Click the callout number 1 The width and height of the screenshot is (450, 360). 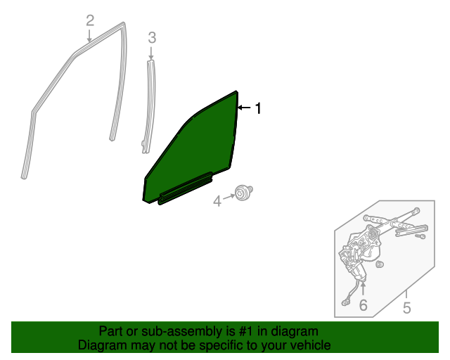[259, 108]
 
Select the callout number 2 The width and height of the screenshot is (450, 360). [90, 21]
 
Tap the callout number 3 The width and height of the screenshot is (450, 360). [152, 38]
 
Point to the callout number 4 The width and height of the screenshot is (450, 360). [217, 201]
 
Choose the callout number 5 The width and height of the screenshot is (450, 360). [406, 308]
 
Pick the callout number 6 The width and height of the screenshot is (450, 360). [363, 305]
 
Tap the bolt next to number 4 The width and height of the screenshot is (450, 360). [244, 192]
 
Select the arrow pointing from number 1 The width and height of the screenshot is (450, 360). [245, 108]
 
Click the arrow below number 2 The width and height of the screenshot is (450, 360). [89, 36]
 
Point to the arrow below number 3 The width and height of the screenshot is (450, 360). [151, 53]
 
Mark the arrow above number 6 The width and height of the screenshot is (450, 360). [363, 289]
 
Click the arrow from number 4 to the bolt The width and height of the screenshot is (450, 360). [229, 197]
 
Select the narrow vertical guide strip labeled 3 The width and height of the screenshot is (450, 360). [149, 106]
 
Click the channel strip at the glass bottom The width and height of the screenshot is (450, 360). [186, 188]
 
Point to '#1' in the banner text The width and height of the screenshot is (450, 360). [247, 331]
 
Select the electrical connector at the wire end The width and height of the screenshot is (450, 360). [345, 302]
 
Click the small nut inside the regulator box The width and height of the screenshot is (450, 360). [380, 264]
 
